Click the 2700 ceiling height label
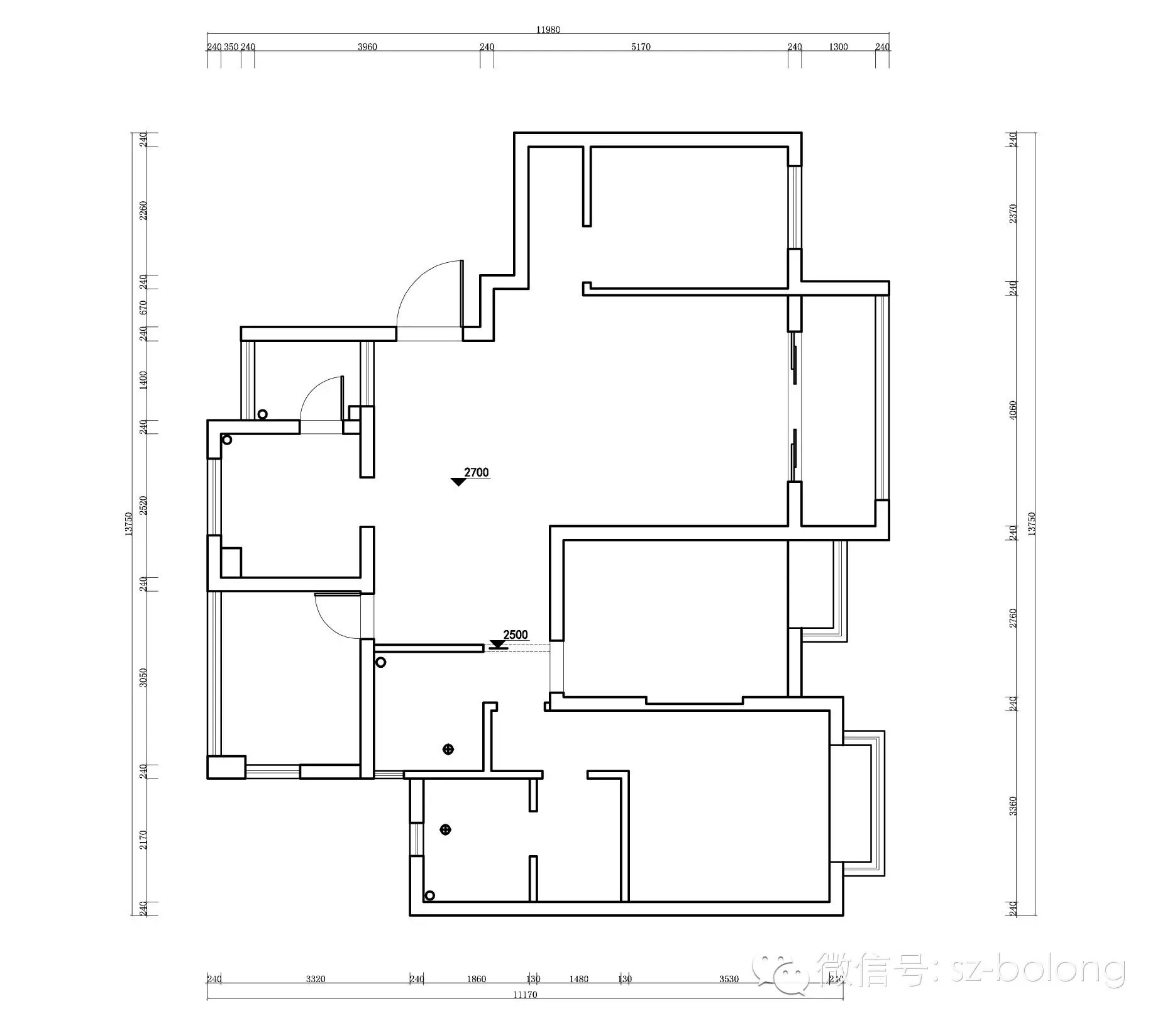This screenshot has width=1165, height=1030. [x=476, y=472]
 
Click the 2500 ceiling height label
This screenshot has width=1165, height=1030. [x=515, y=634]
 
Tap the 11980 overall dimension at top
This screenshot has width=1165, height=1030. [x=548, y=30]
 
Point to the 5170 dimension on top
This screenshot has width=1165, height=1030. [x=640, y=47]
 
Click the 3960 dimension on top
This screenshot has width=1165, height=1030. [x=367, y=47]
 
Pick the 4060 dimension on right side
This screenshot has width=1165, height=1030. [x=1012, y=411]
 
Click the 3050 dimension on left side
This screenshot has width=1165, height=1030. [x=143, y=677]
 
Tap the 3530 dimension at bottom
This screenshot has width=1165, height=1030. [x=729, y=979]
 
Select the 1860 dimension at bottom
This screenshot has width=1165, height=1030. [x=476, y=979]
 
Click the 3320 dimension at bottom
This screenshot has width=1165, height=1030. [x=315, y=979]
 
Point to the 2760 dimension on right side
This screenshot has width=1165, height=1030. [x=1012, y=617]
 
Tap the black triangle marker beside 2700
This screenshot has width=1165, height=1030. [x=458, y=482]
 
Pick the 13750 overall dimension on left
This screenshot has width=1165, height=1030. [x=128, y=523]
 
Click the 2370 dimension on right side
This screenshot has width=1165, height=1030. [x=1012, y=214]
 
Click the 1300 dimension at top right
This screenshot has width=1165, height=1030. [x=837, y=47]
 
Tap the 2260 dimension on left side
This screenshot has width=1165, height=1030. [x=143, y=210]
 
